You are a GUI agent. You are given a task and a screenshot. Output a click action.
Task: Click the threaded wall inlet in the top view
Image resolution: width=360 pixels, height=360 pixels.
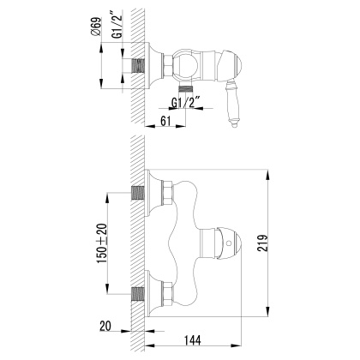(138, 64)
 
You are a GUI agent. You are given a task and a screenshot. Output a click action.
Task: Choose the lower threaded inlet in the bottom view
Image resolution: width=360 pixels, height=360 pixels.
(138, 292)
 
